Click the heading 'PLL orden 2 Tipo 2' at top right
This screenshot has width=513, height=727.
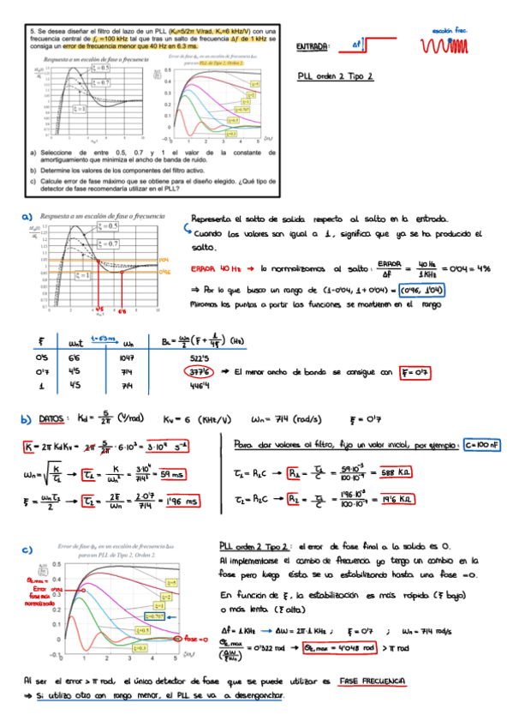336,76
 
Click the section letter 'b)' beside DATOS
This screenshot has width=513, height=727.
27,419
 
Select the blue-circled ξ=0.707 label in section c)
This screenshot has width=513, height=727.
156,616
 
